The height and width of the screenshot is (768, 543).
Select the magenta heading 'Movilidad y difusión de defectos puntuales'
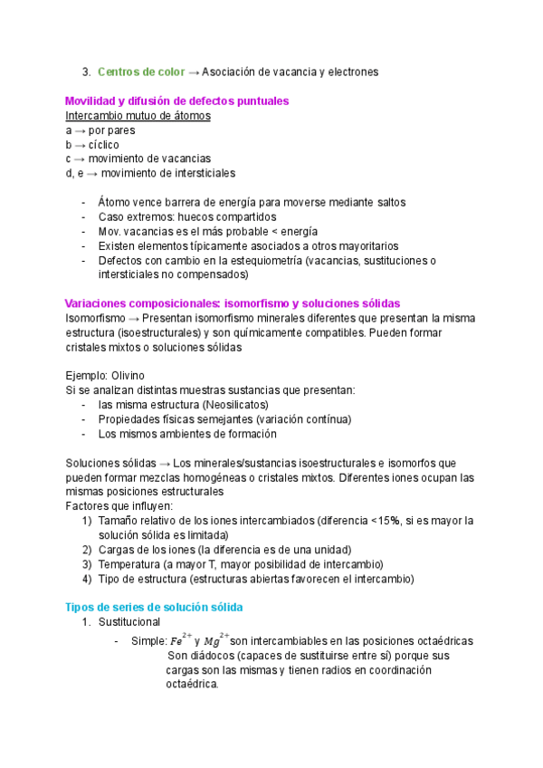(x=177, y=101)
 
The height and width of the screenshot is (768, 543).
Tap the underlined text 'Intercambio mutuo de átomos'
(x=138, y=116)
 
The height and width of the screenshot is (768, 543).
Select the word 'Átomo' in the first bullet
(x=115, y=202)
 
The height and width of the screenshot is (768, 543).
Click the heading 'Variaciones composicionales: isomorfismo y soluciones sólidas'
(x=233, y=303)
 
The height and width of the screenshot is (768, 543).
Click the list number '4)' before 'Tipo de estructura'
(x=87, y=578)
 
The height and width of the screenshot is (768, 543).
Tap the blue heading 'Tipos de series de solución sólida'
(x=155, y=607)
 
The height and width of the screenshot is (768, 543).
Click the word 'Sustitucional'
(x=129, y=622)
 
